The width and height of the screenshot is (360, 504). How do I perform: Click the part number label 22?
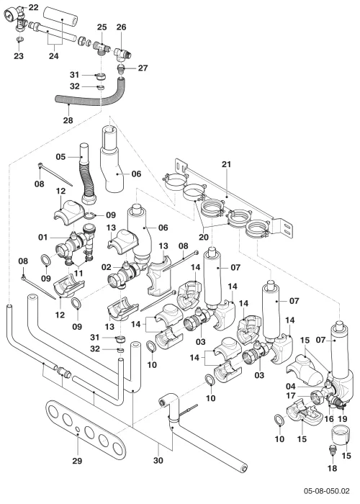pyautogui.click(x=33, y=7)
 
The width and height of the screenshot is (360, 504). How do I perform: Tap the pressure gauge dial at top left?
pyautogui.click(x=10, y=15)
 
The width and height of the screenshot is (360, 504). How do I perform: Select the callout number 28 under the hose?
pyautogui.click(x=68, y=120)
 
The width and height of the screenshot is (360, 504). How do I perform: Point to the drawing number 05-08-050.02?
pyautogui.click(x=327, y=491)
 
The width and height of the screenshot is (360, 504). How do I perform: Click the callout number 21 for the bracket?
pyautogui.click(x=226, y=164)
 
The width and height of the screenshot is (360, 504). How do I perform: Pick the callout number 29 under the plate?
pyautogui.click(x=77, y=461)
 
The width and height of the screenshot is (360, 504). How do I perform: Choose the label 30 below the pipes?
pyautogui.click(x=158, y=461)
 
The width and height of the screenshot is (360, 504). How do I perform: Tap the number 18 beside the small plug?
pyautogui.click(x=333, y=468)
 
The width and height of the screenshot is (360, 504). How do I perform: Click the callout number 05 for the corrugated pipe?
pyautogui.click(x=60, y=157)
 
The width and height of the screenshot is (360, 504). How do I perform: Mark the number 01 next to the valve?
pyautogui.click(x=42, y=237)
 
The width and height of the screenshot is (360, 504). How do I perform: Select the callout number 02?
pyautogui.click(x=106, y=267)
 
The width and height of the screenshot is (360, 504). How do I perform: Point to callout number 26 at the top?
pyautogui.click(x=121, y=27)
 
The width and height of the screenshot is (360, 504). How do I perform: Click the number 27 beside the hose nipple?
pyautogui.click(x=143, y=68)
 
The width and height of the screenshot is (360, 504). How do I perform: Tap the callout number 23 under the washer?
pyautogui.click(x=19, y=56)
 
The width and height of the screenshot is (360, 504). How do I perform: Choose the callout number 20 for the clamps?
pyautogui.click(x=204, y=237)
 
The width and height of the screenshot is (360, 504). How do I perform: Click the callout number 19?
pyautogui.click(x=343, y=419)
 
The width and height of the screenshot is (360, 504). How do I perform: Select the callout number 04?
pyautogui.click(x=291, y=386)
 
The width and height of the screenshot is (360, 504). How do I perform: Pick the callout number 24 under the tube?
pyautogui.click(x=54, y=56)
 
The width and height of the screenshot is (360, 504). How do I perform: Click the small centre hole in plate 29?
pyautogui.click(x=78, y=429)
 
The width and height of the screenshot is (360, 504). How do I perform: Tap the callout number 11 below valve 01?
pyautogui.click(x=78, y=273)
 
